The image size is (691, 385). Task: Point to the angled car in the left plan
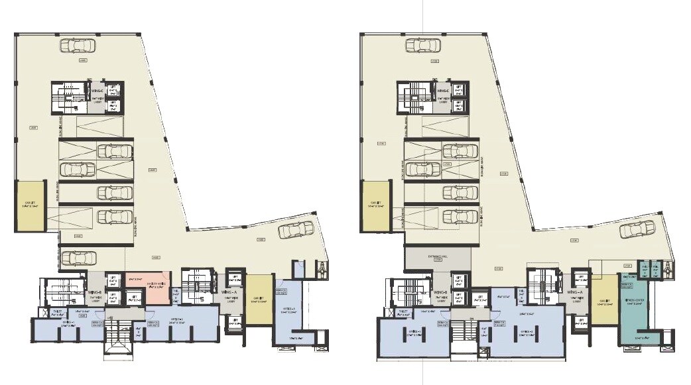click(x=296, y=230)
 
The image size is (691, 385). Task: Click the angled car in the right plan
click(x=637, y=230)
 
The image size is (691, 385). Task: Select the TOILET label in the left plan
click(x=58, y=310)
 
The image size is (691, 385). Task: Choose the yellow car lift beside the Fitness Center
click(x=603, y=302)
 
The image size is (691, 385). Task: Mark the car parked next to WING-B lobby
click(x=78, y=257)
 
